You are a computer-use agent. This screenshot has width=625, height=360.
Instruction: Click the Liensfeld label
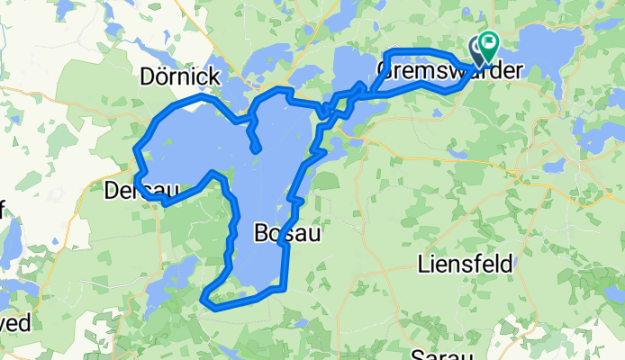[x=466, y=265]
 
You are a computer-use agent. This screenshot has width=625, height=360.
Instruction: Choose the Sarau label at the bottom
[x=441, y=354]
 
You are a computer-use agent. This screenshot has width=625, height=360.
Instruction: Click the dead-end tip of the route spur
[x=258, y=149]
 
